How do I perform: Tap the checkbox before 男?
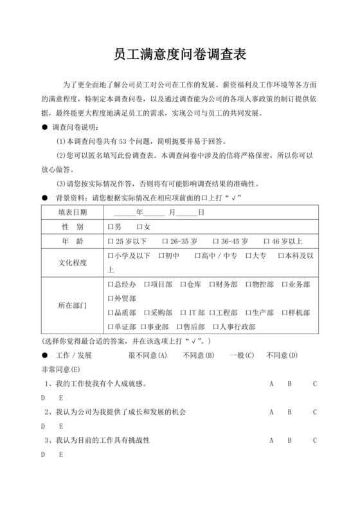[x=111, y=228]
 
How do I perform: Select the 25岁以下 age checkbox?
[x=111, y=242]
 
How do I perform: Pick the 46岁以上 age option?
[x=267, y=242]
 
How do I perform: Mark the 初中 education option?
[x=159, y=256]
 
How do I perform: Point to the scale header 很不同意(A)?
[x=148, y=355]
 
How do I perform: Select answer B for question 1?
[x=290, y=384]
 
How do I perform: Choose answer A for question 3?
[x=272, y=440]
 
